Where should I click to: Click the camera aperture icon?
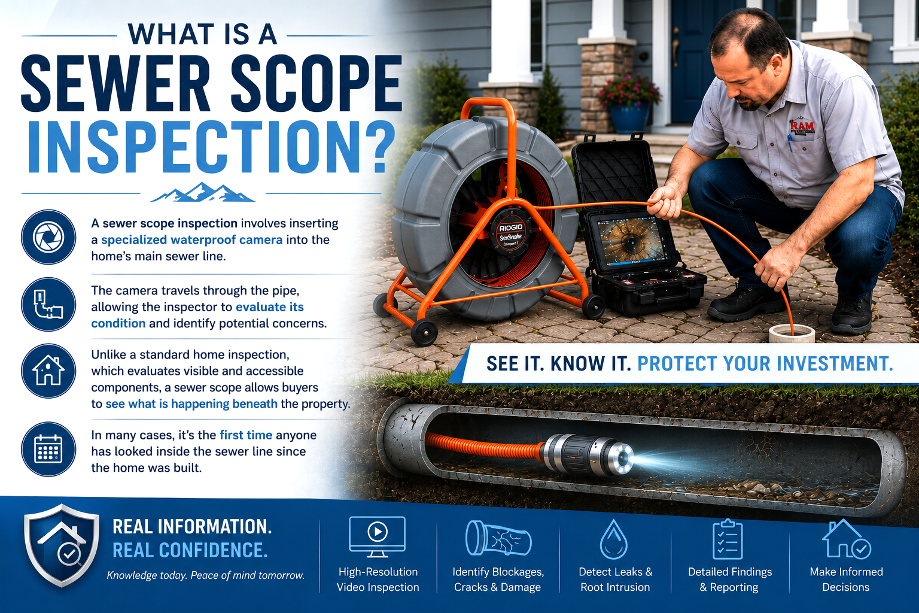coord(48,237)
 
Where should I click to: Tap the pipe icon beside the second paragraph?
coord(48,304)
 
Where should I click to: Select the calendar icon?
coord(48,449)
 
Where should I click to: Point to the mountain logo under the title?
coord(203,192)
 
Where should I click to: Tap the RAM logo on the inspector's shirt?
coord(802,128)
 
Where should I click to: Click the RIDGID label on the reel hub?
coord(511,228)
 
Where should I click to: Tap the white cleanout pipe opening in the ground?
coord(792,333)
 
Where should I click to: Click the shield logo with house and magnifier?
coord(62,545)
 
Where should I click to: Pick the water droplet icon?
coord(614,539)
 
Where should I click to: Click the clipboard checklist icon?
coord(728,539)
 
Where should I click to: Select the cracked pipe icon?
coord(498,538)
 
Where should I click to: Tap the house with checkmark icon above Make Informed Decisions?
coord(847,538)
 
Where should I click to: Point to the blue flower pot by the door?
coord(629,117)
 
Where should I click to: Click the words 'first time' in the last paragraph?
coord(246,435)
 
